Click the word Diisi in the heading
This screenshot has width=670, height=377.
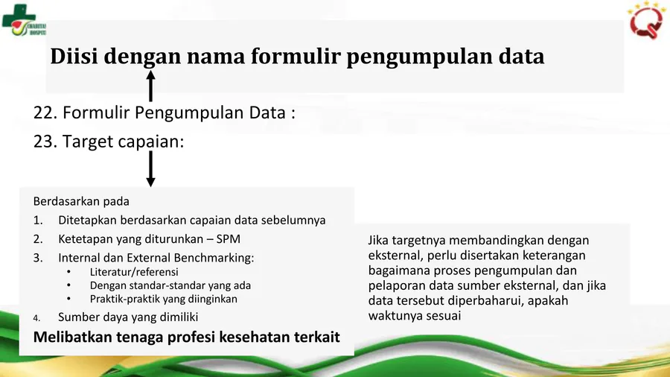point(74,56)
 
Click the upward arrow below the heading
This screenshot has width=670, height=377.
point(150,86)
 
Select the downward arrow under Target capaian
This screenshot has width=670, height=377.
point(150,168)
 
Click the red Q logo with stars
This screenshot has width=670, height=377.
point(645,21)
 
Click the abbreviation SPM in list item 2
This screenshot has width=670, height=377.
point(229,239)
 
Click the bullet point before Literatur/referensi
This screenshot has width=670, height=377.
point(68,272)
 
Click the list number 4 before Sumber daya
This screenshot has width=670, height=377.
point(36,317)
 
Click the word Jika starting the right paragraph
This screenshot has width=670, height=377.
point(378,240)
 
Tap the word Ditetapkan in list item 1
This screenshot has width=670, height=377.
point(87,220)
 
